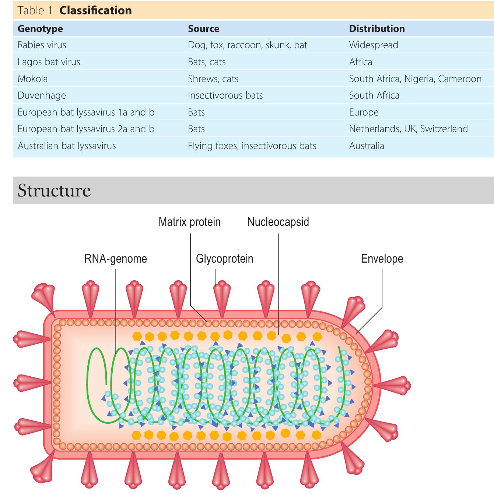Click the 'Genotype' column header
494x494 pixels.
[x=40, y=29]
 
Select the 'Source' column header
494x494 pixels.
[x=203, y=29]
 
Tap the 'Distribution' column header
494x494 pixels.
[x=376, y=29]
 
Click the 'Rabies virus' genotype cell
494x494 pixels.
[x=42, y=45]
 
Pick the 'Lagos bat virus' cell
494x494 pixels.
[x=49, y=62]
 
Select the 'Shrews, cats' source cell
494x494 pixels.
[x=213, y=79]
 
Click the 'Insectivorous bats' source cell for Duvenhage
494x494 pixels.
[x=225, y=95]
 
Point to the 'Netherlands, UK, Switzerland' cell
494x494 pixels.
[x=408, y=129]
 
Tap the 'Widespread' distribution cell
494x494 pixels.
[x=373, y=45]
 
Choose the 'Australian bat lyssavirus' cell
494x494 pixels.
[x=67, y=146]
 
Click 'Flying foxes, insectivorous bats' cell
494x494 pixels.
[x=252, y=146]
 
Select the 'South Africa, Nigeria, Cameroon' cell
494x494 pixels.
[x=415, y=79]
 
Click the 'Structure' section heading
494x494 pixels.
[x=54, y=190]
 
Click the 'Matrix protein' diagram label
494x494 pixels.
[x=189, y=222]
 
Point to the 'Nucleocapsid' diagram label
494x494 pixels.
[x=278, y=222]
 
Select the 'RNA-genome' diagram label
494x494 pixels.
[x=115, y=259]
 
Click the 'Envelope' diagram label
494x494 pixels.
[x=382, y=259]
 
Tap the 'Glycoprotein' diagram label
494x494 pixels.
[x=224, y=259]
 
